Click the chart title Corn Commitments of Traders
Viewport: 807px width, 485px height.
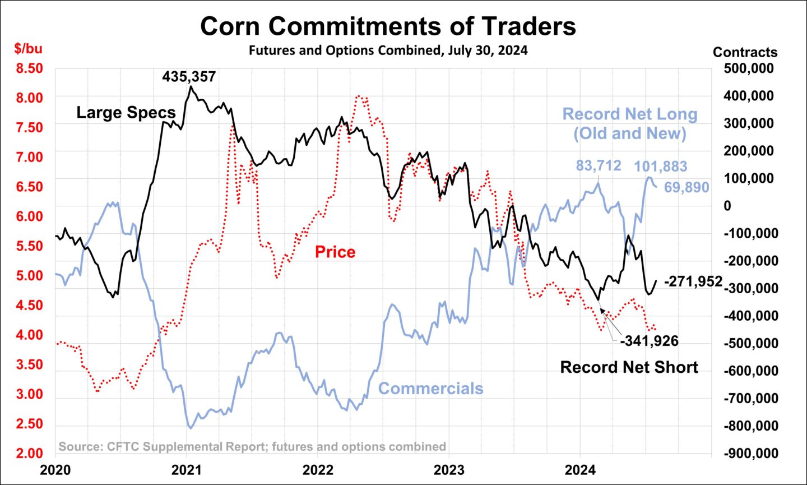tap(388, 26)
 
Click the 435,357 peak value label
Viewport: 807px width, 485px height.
tap(189, 76)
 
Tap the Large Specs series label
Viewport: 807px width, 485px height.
tap(126, 113)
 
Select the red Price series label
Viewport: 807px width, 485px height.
tap(335, 252)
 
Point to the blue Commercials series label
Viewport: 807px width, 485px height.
tap(430, 389)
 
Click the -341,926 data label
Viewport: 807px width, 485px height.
tap(649, 341)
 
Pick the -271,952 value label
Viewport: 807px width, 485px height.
tap(693, 281)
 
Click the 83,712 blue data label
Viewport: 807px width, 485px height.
tap(599, 166)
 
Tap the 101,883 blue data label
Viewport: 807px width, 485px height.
tap(660, 167)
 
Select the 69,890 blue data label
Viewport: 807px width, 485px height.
tap(687, 188)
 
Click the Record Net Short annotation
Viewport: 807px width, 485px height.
tap(629, 367)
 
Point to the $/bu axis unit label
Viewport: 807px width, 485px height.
tap(28, 49)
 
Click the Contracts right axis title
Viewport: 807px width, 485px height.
tap(745, 52)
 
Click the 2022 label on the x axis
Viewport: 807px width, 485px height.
tap(318, 469)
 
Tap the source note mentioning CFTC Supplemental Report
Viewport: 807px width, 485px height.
tap(252, 447)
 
